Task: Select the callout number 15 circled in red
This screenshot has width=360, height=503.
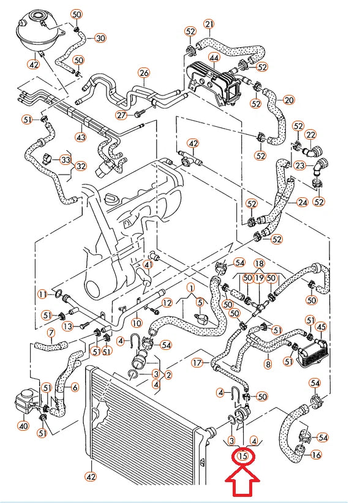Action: pyautogui.click(x=243, y=456)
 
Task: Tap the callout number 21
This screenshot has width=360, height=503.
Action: pyautogui.click(x=209, y=25)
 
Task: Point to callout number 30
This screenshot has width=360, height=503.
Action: pyautogui.click(x=100, y=38)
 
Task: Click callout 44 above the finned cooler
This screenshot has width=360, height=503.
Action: pyautogui.click(x=214, y=58)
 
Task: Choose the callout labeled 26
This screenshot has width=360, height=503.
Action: pyautogui.click(x=144, y=73)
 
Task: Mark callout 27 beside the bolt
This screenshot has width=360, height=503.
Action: pyautogui.click(x=121, y=115)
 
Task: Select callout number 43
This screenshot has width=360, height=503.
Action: pyautogui.click(x=81, y=137)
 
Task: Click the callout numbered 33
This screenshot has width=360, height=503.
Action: pyautogui.click(x=66, y=159)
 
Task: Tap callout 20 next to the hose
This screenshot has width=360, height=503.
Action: pyautogui.click(x=289, y=100)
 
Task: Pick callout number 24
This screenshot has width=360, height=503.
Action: pyautogui.click(x=302, y=203)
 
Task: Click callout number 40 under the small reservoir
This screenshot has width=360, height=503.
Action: pyautogui.click(x=23, y=426)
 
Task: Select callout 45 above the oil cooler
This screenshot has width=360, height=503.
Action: pyautogui.click(x=321, y=327)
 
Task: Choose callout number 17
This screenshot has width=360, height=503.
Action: pyautogui.click(x=198, y=363)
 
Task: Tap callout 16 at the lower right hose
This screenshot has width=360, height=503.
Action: pyautogui.click(x=316, y=455)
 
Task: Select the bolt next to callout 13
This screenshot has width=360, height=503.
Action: pyautogui.click(x=83, y=325)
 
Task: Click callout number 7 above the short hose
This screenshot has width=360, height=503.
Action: pyautogui.click(x=51, y=333)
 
